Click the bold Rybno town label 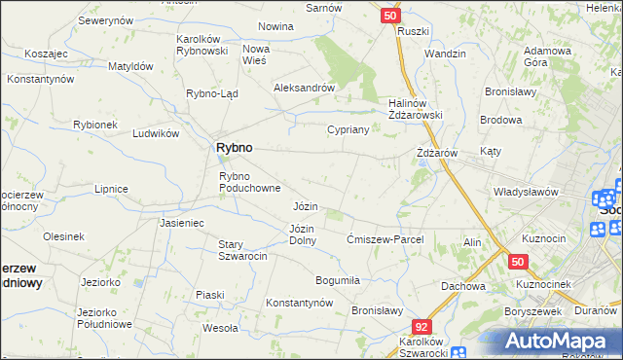click(233, 147)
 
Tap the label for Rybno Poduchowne click(250, 182)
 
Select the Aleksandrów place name click(305, 87)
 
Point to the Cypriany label click(348, 129)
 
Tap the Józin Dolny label click(303, 234)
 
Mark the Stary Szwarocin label click(243, 250)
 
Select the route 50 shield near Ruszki click(390, 16)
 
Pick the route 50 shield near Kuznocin click(517, 262)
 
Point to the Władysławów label click(526, 192)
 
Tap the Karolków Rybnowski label click(202, 45)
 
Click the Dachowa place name click(462, 286)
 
